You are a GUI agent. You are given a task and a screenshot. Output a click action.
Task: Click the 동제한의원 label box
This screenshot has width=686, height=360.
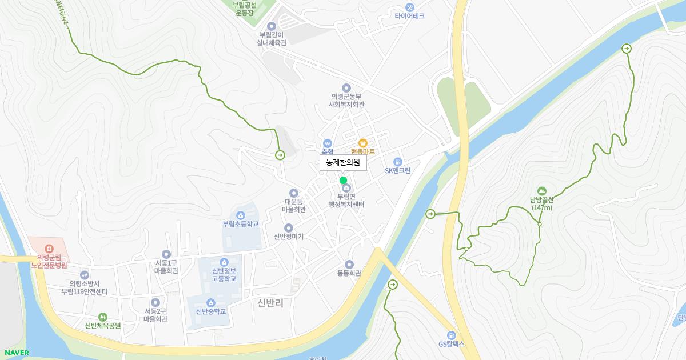pyautogui.click(x=343, y=162)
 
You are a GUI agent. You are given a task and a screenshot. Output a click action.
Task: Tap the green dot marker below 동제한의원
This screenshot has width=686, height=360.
pyautogui.click(x=343, y=180)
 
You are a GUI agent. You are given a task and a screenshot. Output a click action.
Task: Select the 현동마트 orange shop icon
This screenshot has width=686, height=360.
pyautogui.click(x=362, y=142)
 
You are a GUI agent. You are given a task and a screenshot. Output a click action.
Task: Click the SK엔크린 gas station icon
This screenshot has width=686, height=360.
pyautogui.click(x=398, y=162)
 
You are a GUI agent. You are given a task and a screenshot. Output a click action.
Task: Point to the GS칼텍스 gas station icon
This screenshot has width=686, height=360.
pyautogui.click(x=452, y=335)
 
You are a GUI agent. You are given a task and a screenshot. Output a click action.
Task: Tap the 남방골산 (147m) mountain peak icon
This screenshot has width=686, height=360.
pyautogui.click(x=541, y=191)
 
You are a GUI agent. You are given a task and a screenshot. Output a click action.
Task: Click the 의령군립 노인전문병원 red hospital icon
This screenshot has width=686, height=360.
pyautogui.click(x=49, y=249)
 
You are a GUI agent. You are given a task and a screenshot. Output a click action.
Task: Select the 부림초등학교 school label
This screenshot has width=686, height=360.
pyautogui.click(x=241, y=224)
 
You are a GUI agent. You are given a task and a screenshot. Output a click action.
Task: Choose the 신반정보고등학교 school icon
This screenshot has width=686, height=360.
pyautogui.click(x=224, y=262)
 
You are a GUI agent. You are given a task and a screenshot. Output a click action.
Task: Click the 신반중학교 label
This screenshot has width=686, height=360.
pyautogui.click(x=211, y=311)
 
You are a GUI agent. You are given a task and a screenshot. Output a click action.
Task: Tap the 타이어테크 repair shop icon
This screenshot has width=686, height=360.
pyautogui.click(x=409, y=7)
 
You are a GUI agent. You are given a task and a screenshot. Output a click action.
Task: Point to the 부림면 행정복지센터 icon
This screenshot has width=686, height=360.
pyautogui.click(x=345, y=188)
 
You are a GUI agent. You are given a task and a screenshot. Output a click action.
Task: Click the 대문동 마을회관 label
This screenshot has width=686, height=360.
pyautogui.click(x=294, y=206)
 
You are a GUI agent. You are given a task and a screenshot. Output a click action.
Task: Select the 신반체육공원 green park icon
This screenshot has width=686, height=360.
pyautogui.click(x=103, y=317)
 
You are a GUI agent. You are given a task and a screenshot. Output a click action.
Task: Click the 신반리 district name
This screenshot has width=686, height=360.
pyautogui.click(x=270, y=303)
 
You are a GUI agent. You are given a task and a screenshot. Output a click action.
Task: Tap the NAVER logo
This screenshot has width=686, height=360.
pyautogui.click(x=16, y=353)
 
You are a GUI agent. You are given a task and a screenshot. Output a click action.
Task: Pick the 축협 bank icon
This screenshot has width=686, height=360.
pyautogui.click(x=327, y=143)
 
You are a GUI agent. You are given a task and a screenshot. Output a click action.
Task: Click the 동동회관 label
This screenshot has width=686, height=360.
pyautogui.click(x=349, y=273)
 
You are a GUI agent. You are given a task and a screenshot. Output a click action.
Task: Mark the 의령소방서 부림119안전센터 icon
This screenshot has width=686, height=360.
pyautogui.click(x=85, y=275)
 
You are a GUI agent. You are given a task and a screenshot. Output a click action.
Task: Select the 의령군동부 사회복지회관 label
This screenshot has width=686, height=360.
pyautogui.click(x=346, y=101)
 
